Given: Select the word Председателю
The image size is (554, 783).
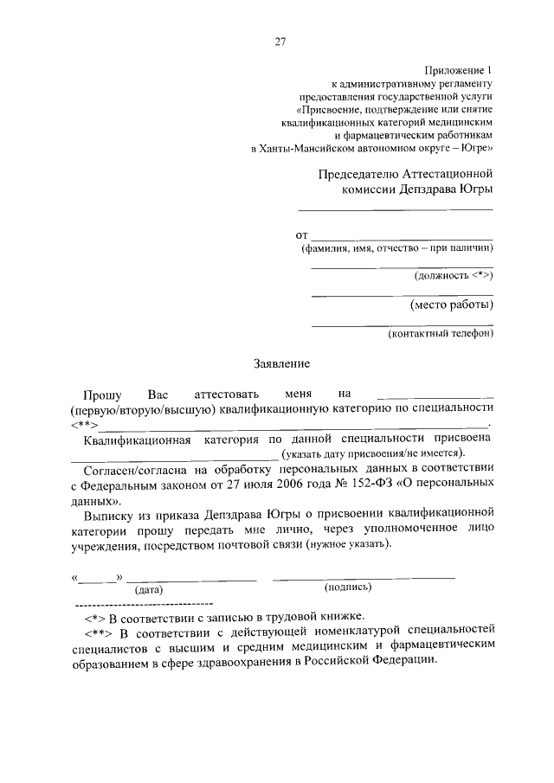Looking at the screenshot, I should (x=359, y=173).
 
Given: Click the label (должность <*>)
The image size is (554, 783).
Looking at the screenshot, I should (x=454, y=275).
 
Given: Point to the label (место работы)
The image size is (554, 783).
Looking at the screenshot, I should (x=451, y=305).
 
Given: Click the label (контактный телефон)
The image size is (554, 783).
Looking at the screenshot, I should (x=441, y=333).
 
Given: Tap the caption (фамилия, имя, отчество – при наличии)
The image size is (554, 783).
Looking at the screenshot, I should (x=396, y=248).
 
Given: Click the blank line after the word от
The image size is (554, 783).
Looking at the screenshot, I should (x=402, y=236).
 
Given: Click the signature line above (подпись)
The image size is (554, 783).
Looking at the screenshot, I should (x=364, y=576).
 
